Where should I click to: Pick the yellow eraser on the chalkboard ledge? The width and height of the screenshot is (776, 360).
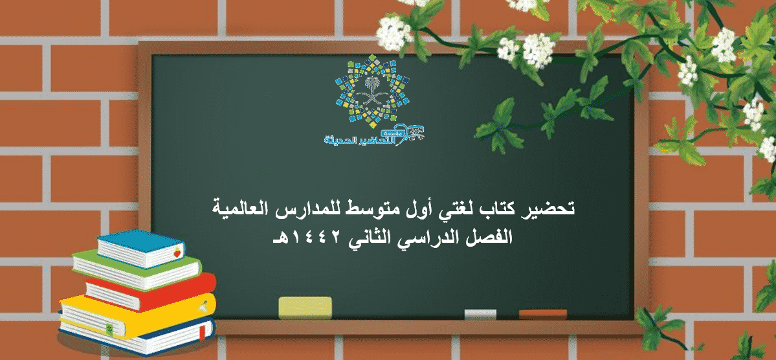click(x=305, y=308)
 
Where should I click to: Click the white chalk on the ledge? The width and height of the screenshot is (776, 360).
click(x=480, y=314)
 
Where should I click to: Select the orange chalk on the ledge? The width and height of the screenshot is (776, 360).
click(x=542, y=314)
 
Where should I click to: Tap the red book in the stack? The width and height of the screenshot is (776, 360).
click(x=150, y=291)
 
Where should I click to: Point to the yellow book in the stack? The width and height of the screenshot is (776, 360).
click(x=138, y=315)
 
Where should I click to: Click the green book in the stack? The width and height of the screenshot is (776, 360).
click(x=137, y=269)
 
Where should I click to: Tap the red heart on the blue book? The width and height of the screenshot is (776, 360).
click(x=177, y=253)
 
